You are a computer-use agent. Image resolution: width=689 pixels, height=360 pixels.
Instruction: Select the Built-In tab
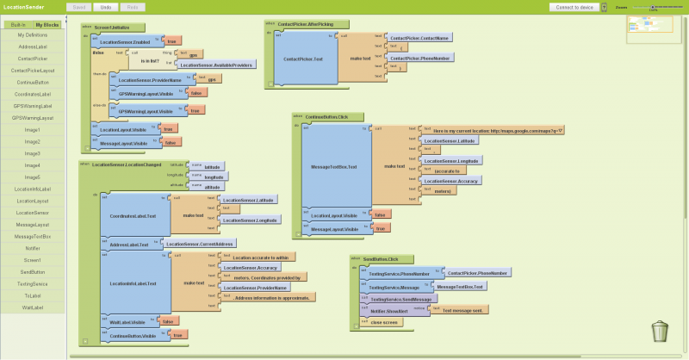[x=17, y=25]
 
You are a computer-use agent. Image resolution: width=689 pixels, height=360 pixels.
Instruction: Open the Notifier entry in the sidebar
[x=33, y=247]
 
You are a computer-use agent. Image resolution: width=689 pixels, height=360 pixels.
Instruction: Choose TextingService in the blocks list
[x=33, y=282]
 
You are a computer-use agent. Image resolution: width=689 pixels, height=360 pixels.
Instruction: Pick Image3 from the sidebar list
[x=33, y=153]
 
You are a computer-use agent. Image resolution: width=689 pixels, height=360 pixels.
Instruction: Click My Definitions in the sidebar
[x=33, y=34]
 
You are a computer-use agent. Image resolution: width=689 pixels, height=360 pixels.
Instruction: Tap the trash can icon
[x=659, y=331]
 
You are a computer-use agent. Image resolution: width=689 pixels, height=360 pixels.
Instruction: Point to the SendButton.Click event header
[x=380, y=258]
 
